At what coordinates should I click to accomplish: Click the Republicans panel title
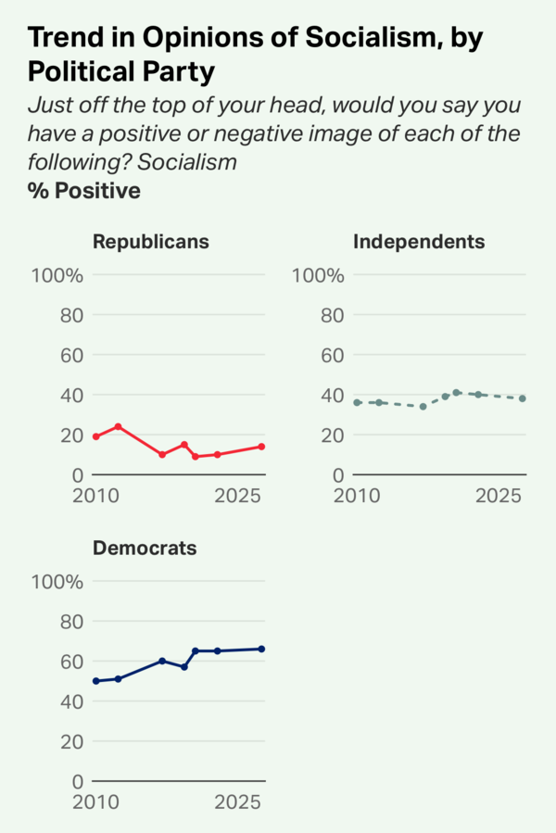coord(151,242)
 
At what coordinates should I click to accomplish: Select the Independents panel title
coord(419,242)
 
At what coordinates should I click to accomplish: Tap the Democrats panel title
coord(145,548)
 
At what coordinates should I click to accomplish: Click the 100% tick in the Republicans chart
coord(57,275)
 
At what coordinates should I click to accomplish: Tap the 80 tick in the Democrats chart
coord(71,622)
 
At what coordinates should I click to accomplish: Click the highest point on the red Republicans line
coord(118,426)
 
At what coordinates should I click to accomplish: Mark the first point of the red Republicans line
coord(95,436)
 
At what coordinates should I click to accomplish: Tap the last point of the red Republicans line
coord(261,447)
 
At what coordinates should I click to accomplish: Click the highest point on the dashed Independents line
coord(456,393)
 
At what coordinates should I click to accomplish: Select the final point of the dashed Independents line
coord(523,398)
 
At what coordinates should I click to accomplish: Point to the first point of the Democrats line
coord(95,681)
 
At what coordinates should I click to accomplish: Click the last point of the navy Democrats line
coord(261,649)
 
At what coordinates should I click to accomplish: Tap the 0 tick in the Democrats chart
coord(78,781)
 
